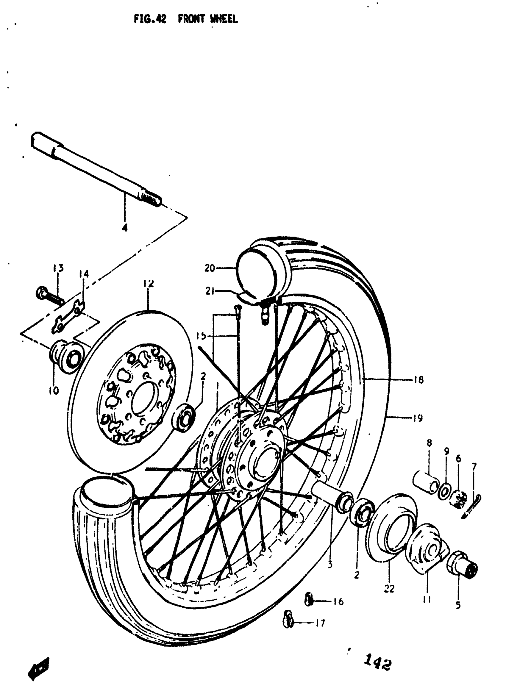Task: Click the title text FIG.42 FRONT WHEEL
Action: click(x=186, y=19)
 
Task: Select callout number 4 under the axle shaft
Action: click(x=124, y=228)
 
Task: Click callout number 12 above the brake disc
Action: click(x=148, y=283)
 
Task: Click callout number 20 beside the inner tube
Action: click(x=210, y=268)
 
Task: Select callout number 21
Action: click(x=210, y=291)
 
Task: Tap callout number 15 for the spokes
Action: click(x=201, y=336)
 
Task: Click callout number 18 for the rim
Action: click(x=418, y=380)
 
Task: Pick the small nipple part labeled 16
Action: click(x=308, y=599)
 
